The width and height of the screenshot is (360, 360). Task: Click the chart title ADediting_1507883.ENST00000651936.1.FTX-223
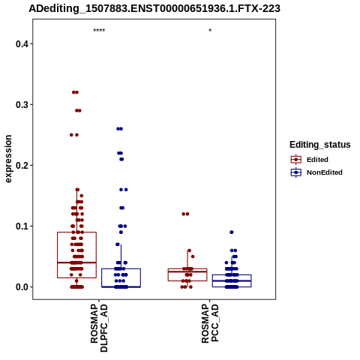tap(154, 8)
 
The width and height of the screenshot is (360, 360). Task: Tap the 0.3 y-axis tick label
tap(22, 105)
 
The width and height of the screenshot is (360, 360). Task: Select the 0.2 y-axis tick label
tap(22, 166)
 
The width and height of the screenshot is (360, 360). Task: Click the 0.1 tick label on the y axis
tap(22, 226)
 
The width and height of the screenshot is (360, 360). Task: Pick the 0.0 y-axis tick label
tap(22, 287)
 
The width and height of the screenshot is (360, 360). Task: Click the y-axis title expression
tap(8, 159)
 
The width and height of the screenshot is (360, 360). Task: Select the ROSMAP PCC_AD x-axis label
tap(210, 323)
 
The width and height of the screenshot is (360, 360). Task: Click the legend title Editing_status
tap(320, 145)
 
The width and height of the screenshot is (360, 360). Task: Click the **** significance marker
tap(99, 31)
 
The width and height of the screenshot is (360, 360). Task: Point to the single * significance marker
tap(210, 31)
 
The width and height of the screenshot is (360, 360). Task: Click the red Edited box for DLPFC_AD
tap(76, 232)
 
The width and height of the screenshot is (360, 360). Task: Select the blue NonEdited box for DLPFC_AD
tap(121, 268)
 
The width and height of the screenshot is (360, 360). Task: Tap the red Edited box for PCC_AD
tap(187, 268)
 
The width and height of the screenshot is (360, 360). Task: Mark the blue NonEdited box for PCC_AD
tap(232, 274)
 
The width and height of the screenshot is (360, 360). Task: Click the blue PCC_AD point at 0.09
tap(232, 232)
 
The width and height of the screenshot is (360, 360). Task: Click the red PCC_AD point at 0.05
tap(193, 256)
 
